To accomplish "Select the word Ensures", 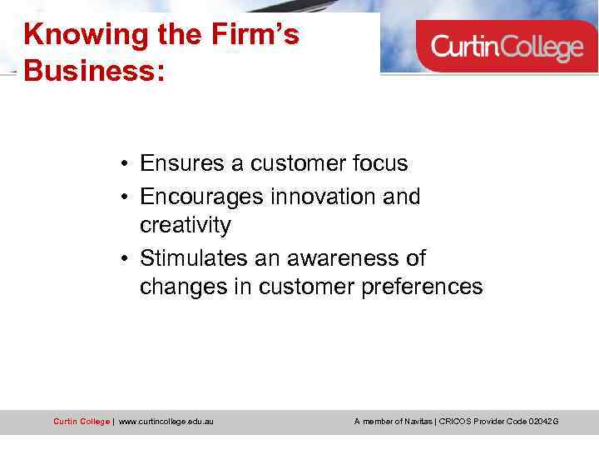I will tap(182, 163).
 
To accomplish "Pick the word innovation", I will tap(320, 197).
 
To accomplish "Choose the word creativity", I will tap(185, 226).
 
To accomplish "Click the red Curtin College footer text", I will tap(81, 422).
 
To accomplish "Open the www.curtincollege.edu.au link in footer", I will tap(166, 422).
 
